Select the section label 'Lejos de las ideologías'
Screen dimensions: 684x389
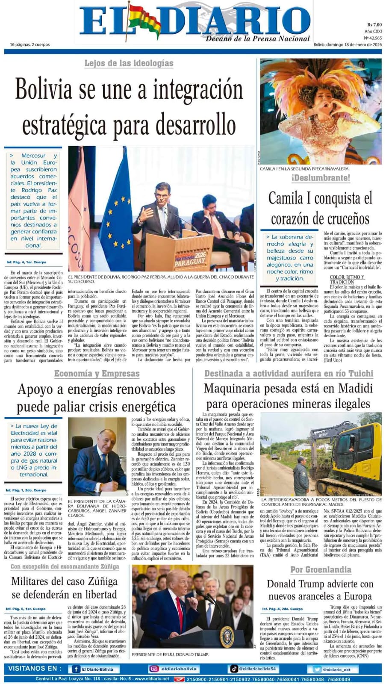(129, 63)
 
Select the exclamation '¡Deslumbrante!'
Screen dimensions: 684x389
(321, 178)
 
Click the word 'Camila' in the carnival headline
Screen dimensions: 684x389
(289, 199)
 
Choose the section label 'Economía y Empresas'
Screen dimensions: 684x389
(97, 374)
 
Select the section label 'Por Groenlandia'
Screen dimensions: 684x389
(321, 569)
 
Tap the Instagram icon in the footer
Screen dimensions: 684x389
(154, 669)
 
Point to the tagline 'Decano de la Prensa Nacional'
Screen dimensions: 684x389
(257, 39)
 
